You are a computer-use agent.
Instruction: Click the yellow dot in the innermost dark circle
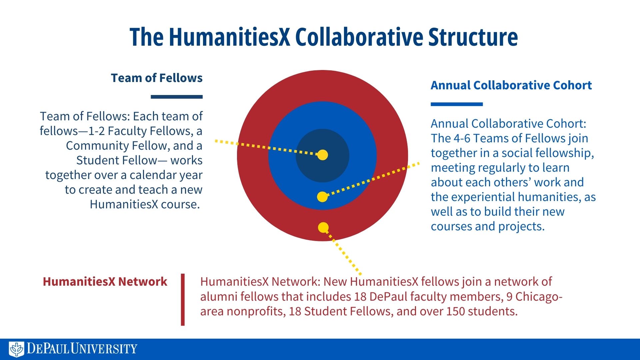coord(322,155)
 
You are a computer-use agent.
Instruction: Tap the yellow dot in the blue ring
coord(322,197)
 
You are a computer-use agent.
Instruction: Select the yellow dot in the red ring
coord(323,228)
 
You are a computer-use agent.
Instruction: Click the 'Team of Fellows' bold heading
coord(157,78)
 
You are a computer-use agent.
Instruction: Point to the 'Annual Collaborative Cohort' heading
coord(511,85)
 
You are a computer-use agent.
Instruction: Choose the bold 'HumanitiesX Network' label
coord(105,282)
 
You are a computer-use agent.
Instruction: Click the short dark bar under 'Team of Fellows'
coord(177,97)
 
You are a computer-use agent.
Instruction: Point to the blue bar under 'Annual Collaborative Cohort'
coord(457,104)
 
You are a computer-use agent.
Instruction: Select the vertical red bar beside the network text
coord(183,299)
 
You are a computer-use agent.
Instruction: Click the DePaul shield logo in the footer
coord(16,349)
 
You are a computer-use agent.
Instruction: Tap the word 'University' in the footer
coord(104,349)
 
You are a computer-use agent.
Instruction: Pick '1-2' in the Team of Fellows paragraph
coord(96,131)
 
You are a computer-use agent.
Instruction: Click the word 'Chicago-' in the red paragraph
coord(539,297)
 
